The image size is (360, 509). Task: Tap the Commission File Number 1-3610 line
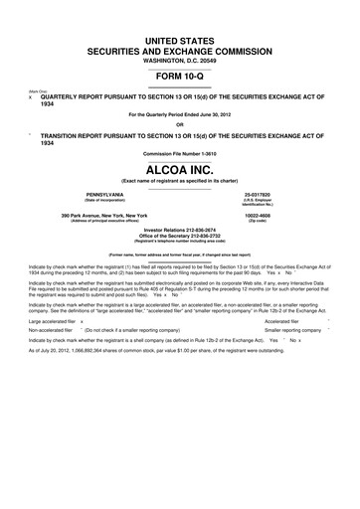tap(179, 153)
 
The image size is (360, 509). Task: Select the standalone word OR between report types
tap(179, 124)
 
